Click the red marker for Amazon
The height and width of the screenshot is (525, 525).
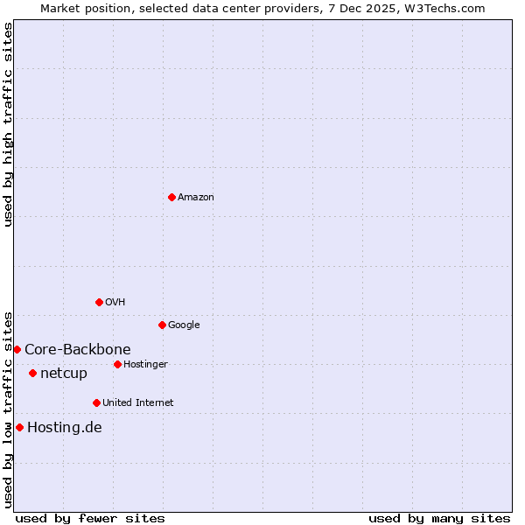click(x=171, y=197)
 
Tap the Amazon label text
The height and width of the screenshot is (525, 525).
click(x=196, y=198)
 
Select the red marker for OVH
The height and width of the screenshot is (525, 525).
click(x=99, y=302)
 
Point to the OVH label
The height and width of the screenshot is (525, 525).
click(x=115, y=303)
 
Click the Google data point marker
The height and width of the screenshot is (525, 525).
click(x=162, y=325)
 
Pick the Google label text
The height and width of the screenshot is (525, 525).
click(x=184, y=325)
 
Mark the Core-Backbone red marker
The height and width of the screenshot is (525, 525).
click(x=17, y=349)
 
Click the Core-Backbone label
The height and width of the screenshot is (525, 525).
click(x=78, y=350)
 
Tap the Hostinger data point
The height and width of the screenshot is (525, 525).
click(x=117, y=364)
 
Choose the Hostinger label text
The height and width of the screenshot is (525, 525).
click(x=145, y=365)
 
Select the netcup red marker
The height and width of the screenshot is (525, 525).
click(x=32, y=373)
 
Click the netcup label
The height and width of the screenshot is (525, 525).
click(x=64, y=374)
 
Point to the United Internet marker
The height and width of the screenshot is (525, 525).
click(x=96, y=402)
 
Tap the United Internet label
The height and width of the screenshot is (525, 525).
click(x=138, y=403)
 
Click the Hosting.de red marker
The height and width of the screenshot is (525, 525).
click(x=19, y=427)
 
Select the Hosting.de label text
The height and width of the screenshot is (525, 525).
click(x=65, y=428)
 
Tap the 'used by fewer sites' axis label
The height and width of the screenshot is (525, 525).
click(x=90, y=518)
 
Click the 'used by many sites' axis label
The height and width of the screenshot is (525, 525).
click(x=439, y=518)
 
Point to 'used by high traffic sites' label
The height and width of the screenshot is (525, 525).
click(x=8, y=124)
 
